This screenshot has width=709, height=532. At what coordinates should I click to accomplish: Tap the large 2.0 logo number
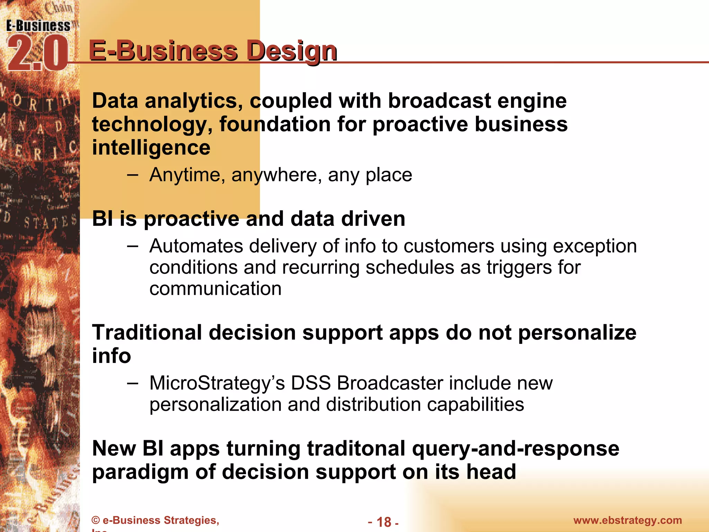(37, 54)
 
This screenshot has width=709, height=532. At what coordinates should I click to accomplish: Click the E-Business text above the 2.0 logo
(38, 26)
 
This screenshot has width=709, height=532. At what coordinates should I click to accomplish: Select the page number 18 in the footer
(384, 522)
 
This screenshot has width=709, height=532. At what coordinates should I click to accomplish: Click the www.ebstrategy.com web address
(627, 520)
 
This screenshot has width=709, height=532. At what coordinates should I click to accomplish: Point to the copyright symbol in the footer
(96, 521)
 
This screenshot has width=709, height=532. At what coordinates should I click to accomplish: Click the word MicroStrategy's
(217, 383)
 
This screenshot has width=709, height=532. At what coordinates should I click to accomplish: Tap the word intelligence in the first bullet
(151, 148)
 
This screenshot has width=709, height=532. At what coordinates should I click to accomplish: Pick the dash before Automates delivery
(133, 246)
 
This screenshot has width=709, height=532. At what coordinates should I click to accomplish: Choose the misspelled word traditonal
(356, 449)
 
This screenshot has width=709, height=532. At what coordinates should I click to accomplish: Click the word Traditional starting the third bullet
(146, 333)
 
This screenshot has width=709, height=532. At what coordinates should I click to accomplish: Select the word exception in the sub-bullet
(595, 246)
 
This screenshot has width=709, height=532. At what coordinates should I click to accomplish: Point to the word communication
(215, 289)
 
